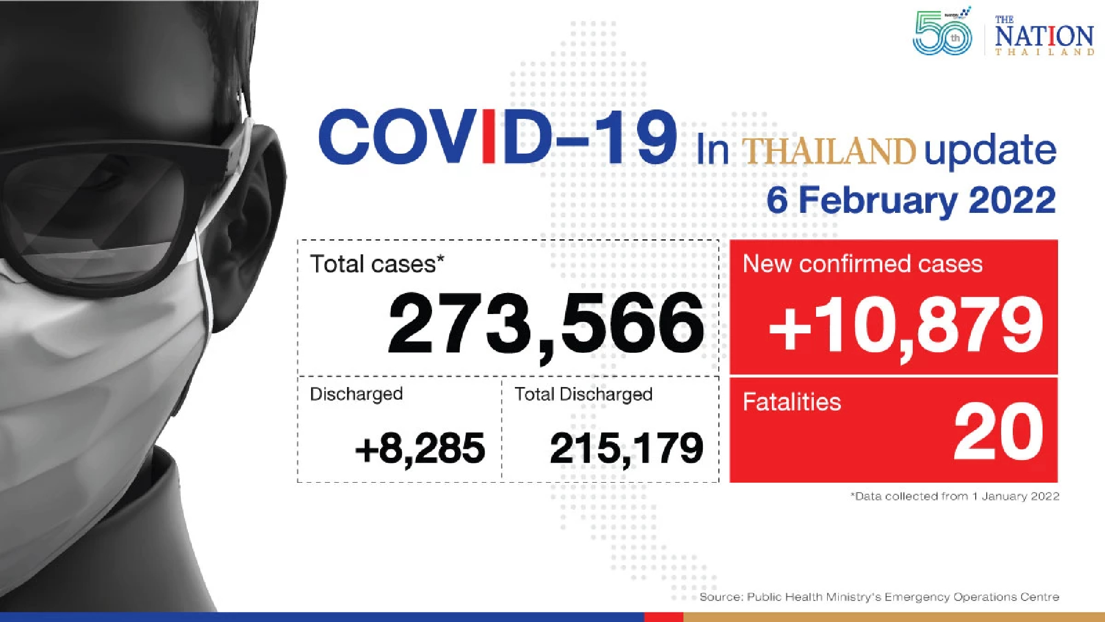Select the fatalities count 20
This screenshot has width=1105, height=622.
coord(998,432)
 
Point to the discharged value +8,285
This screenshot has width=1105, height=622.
coord(420,448)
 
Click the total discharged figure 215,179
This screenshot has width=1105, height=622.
coord(627,448)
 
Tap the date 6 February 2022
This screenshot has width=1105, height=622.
coord(911,200)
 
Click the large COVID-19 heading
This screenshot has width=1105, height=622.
coord(497,138)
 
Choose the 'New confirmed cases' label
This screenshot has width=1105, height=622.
coord(862,264)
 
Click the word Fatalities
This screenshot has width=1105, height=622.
coord(791,402)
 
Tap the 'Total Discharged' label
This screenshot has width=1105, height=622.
coord(583,394)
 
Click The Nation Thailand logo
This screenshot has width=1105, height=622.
coord(1044,37)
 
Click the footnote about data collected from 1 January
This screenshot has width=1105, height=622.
coord(955,496)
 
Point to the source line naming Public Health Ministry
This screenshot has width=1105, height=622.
coord(879,597)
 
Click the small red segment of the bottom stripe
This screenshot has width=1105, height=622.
coord(664,617)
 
